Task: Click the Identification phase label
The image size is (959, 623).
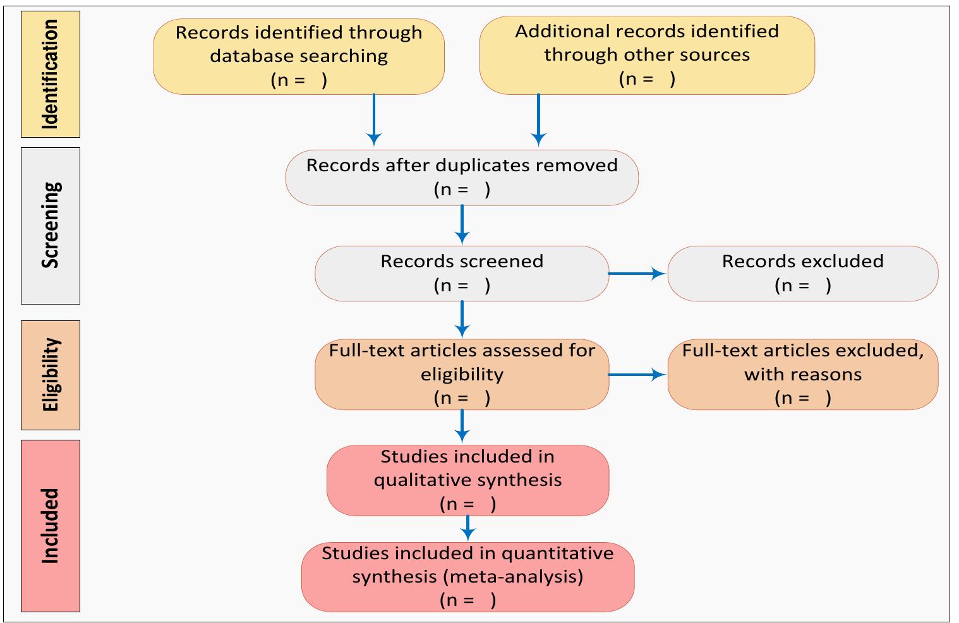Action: point(51,74)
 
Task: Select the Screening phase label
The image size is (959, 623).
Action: point(51,226)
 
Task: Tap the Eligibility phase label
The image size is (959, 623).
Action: point(51,375)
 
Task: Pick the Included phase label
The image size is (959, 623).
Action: point(51,526)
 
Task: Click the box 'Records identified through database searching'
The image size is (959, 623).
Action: point(299,56)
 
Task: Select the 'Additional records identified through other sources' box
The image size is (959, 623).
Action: point(647,55)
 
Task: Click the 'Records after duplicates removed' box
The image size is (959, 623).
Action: point(462,178)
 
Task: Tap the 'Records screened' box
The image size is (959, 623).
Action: point(462,274)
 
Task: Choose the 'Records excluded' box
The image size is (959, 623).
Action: point(802,274)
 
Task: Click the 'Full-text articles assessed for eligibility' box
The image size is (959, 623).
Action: point(462,374)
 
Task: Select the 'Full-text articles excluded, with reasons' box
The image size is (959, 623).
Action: point(802,374)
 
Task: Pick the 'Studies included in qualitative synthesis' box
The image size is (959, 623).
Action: point(467,480)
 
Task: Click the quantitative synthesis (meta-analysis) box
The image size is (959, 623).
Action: point(467,576)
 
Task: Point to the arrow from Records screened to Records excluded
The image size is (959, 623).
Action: point(637,274)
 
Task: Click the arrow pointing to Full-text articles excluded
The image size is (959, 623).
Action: point(637,375)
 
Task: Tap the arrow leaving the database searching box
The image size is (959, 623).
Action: point(374,120)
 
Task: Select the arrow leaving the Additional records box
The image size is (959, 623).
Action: point(538,120)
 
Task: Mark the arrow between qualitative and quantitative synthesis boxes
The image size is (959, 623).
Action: point(467,528)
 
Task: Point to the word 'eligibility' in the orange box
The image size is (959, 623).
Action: point(462,374)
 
